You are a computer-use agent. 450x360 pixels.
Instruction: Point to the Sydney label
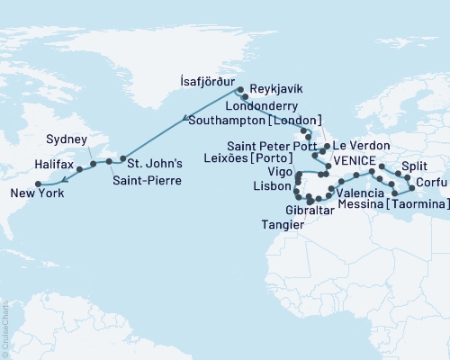click(x=69, y=140)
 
